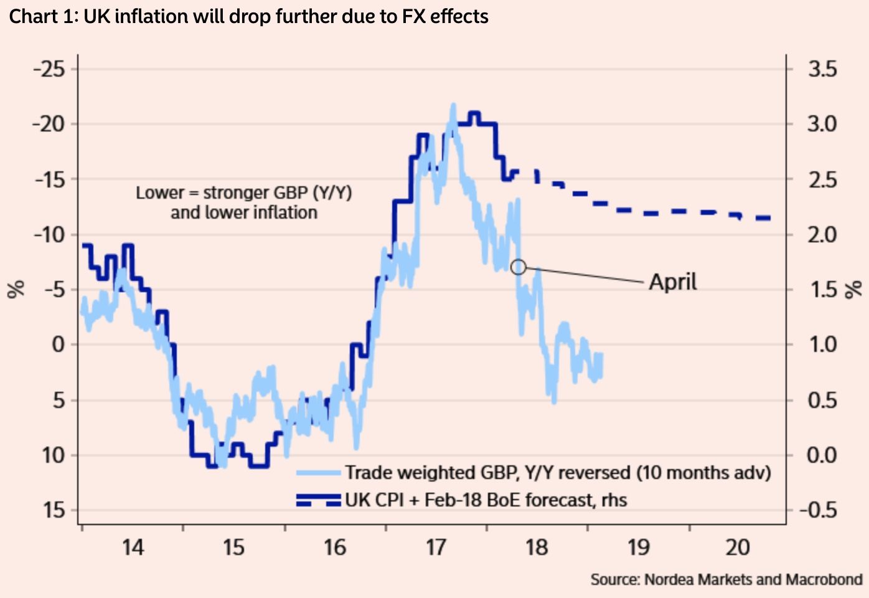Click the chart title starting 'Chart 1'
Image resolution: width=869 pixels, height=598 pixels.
(248, 16)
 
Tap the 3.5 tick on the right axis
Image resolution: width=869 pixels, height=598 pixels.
(822, 69)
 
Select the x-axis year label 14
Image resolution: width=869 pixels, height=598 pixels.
(133, 548)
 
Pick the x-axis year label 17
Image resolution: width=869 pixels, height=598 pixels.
(436, 548)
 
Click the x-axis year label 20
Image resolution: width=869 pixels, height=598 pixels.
(738, 548)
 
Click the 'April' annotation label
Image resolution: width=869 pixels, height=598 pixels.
(673, 282)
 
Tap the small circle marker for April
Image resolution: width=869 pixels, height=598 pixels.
(518, 267)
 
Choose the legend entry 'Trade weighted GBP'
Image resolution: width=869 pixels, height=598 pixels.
(558, 473)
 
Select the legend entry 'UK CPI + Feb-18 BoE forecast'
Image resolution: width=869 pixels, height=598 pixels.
(486, 500)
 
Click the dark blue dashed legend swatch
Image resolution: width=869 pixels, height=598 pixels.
(319, 500)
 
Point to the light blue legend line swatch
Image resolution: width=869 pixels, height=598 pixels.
(319, 473)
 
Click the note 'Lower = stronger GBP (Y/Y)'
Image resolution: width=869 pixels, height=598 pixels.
(244, 193)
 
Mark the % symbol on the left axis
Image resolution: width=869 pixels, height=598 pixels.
(16, 289)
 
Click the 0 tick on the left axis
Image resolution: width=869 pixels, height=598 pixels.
(58, 344)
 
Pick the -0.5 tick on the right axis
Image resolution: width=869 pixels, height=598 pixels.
(818, 510)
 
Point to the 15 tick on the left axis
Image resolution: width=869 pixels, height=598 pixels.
(54, 510)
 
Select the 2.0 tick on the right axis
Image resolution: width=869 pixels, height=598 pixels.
(822, 235)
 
